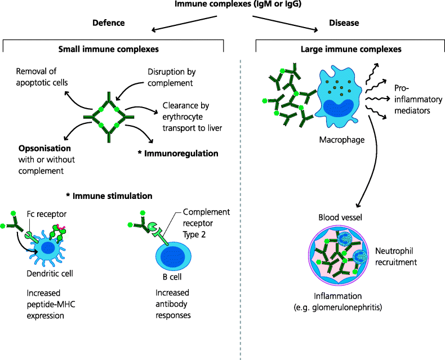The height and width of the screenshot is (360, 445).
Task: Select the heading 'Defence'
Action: [x=108, y=23]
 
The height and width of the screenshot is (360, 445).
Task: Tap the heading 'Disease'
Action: [x=344, y=23]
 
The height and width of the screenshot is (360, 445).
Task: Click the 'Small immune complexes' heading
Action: [x=109, y=50]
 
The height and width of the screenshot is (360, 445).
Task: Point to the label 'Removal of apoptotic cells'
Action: [x=42, y=77]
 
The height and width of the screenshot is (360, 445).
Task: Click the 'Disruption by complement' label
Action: [x=171, y=77]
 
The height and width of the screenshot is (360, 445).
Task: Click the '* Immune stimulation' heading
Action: [x=109, y=196]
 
